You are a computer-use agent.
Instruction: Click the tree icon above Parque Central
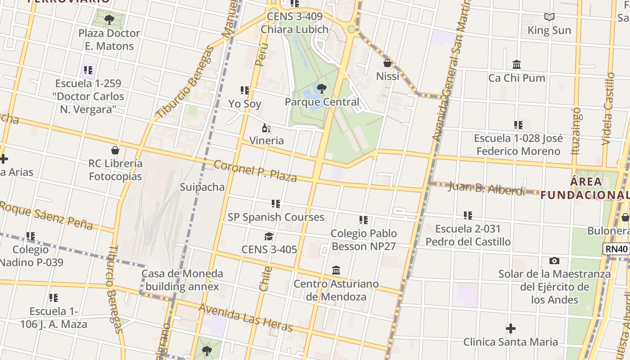point(321,88)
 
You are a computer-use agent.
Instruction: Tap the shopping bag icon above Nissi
point(387,63)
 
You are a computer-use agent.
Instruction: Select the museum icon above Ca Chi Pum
point(517,65)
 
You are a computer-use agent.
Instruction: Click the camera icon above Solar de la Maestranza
point(554,261)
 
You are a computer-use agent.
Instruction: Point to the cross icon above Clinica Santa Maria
point(510,328)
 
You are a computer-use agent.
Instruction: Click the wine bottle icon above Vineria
point(266,128)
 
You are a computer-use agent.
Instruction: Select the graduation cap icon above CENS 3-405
point(269,237)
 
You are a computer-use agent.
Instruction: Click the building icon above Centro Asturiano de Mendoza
point(336,270)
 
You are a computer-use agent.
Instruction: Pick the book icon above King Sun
point(549,17)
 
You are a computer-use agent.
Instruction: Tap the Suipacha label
point(202,187)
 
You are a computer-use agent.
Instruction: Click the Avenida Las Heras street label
point(246,318)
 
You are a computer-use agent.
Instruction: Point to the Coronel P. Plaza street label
point(255,171)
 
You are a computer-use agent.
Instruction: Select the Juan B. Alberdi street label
point(487,188)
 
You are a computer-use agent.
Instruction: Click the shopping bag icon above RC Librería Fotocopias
point(115,150)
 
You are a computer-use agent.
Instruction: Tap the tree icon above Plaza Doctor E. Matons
point(109,20)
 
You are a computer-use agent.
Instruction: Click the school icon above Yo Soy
point(245,90)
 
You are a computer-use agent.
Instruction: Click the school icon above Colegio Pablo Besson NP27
point(364,220)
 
